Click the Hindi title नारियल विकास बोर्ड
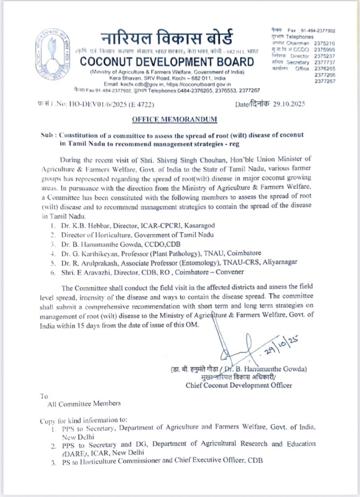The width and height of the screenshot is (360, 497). coord(172,38)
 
